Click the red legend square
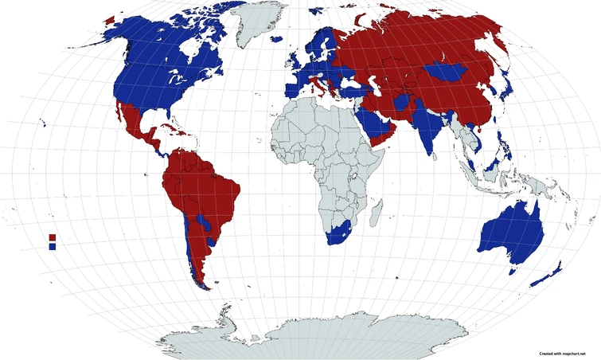click(x=53, y=237)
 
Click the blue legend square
click(x=53, y=247)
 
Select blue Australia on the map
click(x=512, y=235)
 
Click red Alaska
click(x=109, y=15)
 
